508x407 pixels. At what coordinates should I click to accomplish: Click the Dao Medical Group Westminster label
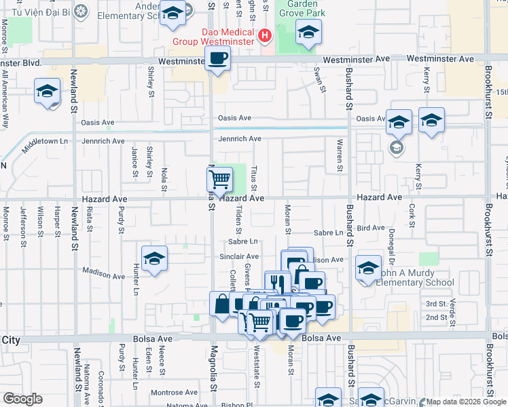coord(228,37)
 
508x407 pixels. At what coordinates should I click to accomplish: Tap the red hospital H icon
coord(264,35)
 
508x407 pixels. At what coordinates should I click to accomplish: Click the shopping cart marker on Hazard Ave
coord(219,180)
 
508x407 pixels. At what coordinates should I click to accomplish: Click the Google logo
coord(22,399)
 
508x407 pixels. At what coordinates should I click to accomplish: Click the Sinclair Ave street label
coord(234,256)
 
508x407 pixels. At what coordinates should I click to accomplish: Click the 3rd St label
coord(435,304)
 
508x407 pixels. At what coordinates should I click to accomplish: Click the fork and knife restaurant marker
coord(277,282)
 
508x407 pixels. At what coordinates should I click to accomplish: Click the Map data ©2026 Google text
coord(465,402)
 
